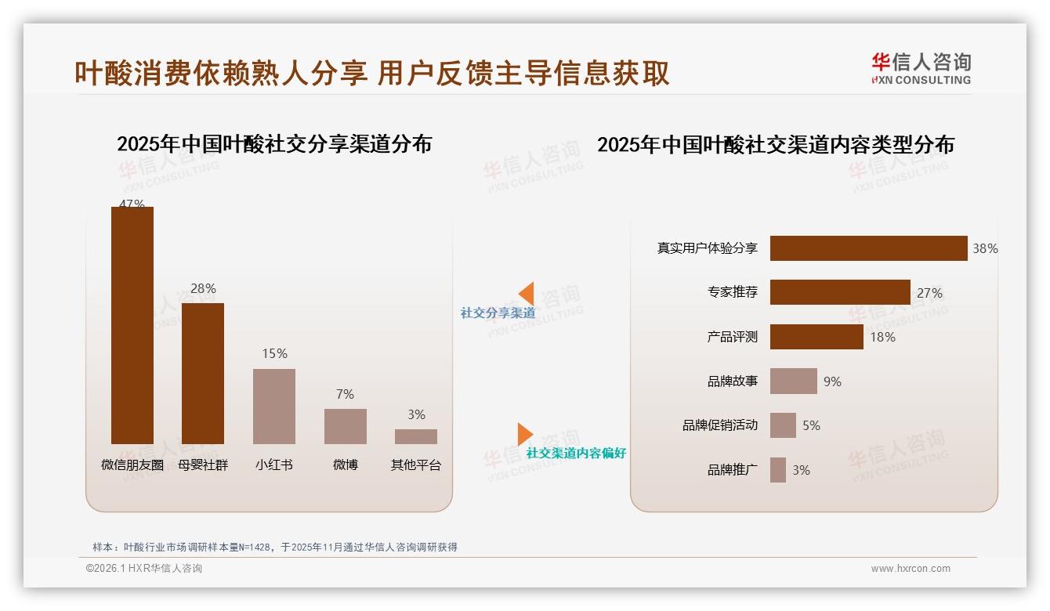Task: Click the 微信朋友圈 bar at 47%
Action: (x=132, y=325)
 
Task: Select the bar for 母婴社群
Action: (x=203, y=374)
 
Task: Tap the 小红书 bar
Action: (x=274, y=407)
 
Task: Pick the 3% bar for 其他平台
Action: (x=416, y=436)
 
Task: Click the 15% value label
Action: (x=274, y=354)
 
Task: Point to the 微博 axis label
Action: (x=345, y=465)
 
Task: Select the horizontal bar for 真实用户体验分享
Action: (x=868, y=248)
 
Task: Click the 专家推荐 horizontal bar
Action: (x=840, y=292)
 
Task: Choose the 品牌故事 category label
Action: (x=732, y=381)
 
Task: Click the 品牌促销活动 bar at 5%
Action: (x=783, y=425)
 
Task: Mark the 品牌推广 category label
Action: (x=732, y=470)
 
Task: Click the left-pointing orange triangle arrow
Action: (x=527, y=293)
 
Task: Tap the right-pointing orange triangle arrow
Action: (x=524, y=434)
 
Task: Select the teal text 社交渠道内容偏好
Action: (x=576, y=454)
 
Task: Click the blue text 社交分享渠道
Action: (x=498, y=313)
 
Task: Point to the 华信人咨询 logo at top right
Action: (x=921, y=68)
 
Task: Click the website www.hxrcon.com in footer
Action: (x=910, y=569)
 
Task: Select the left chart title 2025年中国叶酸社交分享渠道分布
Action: (x=274, y=144)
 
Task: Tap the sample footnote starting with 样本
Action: (x=274, y=547)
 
